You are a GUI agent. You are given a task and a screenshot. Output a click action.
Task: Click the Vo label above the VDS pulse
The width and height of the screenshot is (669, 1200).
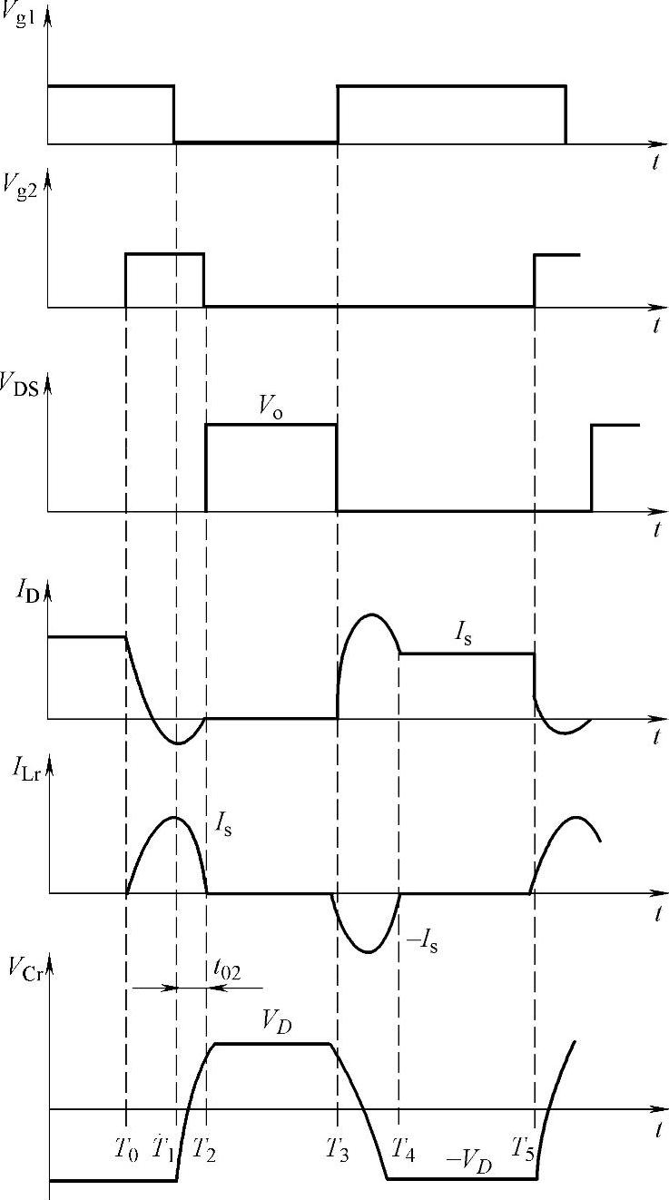pos(269,408)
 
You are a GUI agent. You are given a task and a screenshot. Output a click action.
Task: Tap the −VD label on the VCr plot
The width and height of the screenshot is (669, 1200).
pos(468,1162)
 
